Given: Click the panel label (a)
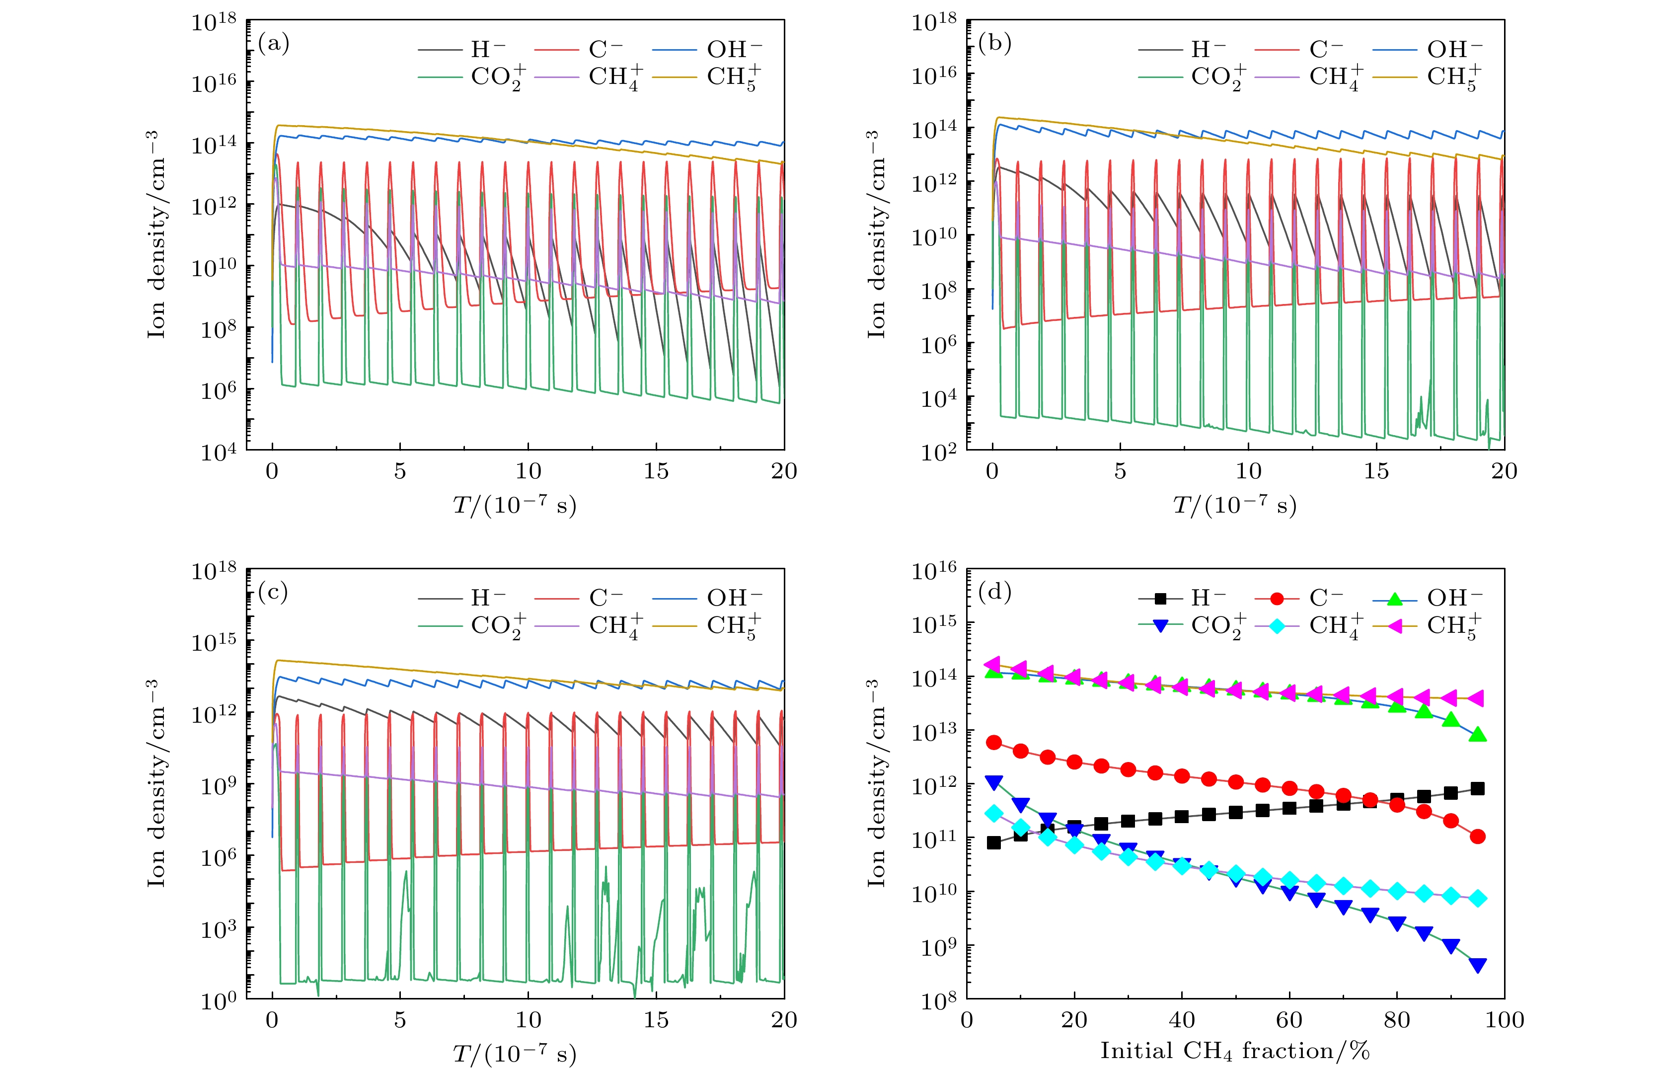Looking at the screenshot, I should [x=273, y=44].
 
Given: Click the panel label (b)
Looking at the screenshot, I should [x=994, y=44].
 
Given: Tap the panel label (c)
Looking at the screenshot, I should [x=273, y=593].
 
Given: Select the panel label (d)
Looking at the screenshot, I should [x=994, y=593].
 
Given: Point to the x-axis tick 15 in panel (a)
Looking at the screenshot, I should [x=656, y=471].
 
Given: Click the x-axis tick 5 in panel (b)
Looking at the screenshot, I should [x=1120, y=471].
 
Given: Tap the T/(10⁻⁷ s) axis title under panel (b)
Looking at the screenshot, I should [x=1234, y=504].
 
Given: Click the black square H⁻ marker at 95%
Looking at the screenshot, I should [x=1478, y=789].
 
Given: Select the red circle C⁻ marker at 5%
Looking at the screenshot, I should [x=994, y=743].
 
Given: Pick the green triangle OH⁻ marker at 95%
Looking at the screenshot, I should [x=1478, y=734].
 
